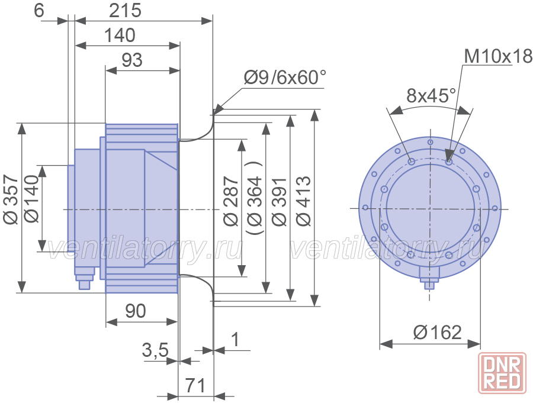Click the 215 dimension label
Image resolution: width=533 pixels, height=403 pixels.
(x=125, y=11)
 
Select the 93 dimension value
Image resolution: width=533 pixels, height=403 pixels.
(x=132, y=60)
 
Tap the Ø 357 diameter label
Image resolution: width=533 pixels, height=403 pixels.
(x=11, y=199)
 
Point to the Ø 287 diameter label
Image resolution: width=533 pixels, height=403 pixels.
(x=231, y=201)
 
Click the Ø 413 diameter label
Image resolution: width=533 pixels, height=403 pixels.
(x=304, y=201)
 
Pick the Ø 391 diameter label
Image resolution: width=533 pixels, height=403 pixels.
(x=280, y=201)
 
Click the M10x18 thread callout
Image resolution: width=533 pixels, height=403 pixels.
(x=498, y=56)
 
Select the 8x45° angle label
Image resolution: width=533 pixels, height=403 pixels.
(x=431, y=95)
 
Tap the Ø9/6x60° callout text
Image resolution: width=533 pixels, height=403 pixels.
(x=285, y=78)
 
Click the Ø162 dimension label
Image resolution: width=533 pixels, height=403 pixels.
(x=438, y=333)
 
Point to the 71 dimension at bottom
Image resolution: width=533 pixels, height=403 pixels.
(x=195, y=386)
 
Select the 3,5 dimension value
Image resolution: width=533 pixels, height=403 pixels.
(x=155, y=349)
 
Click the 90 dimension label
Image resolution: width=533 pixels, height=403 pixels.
(x=135, y=311)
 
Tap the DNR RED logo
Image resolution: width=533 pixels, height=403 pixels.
(x=502, y=373)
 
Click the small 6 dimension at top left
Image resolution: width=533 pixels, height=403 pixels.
(x=39, y=11)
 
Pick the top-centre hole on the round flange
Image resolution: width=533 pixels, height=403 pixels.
(x=431, y=142)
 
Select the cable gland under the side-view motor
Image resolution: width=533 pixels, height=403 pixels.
(x=84, y=278)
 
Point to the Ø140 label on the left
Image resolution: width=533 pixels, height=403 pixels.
(x=33, y=199)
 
